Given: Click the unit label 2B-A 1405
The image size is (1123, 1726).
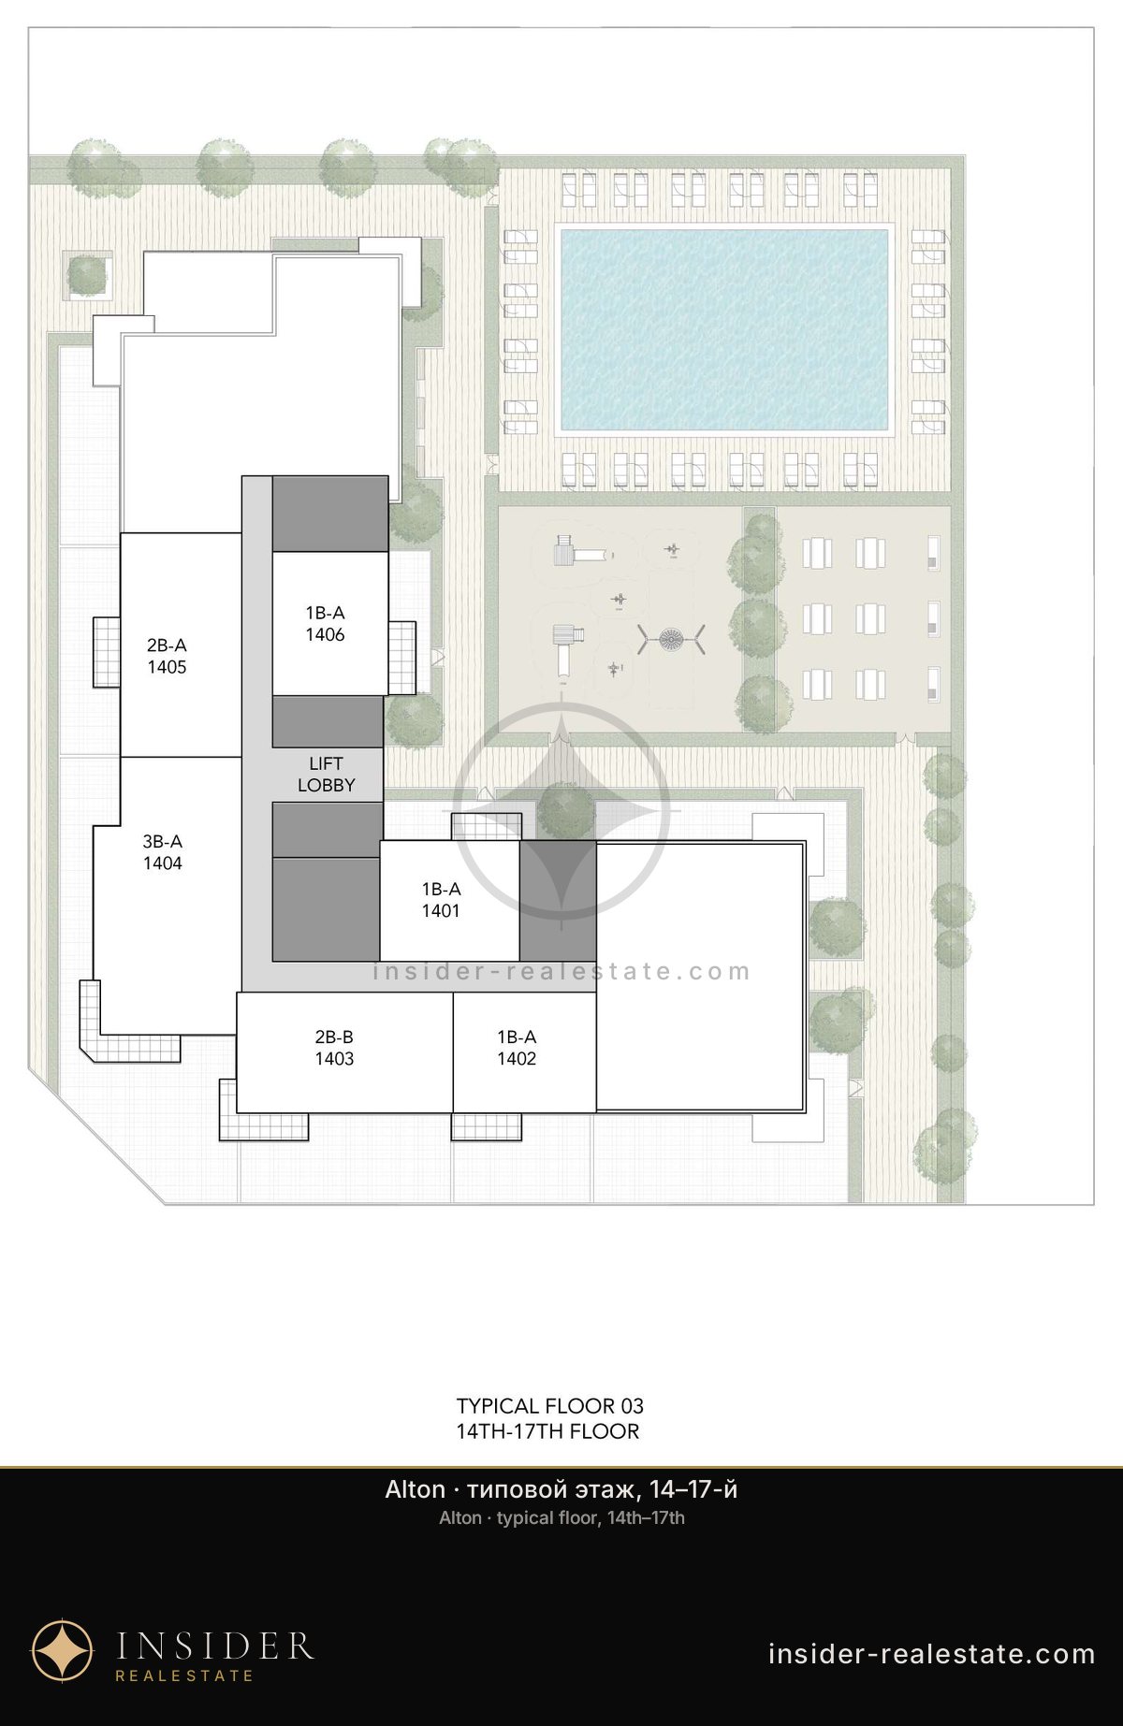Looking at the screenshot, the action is pyautogui.click(x=167, y=656).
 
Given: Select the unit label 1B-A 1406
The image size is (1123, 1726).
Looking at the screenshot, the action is pyautogui.click(x=325, y=624).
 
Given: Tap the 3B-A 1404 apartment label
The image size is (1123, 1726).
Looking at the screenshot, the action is pyautogui.click(x=163, y=852).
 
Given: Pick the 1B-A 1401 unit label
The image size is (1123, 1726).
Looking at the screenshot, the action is pyautogui.click(x=441, y=900).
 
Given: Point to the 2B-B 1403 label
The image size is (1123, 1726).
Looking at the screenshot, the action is pyautogui.click(x=334, y=1048).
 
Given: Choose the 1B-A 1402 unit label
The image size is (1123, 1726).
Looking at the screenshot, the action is pyautogui.click(x=517, y=1048).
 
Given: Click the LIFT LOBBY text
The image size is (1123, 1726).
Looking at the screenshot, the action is pyautogui.click(x=327, y=775).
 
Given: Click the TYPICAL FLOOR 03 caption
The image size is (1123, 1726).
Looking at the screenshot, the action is pyautogui.click(x=550, y=1406).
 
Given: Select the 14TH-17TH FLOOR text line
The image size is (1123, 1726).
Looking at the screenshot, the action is pyautogui.click(x=547, y=1431).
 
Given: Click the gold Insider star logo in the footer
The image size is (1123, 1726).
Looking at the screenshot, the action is pyautogui.click(x=63, y=1650).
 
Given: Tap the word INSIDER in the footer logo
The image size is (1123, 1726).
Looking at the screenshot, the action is pyautogui.click(x=214, y=1646).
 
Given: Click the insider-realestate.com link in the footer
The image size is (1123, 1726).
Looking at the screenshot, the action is pyautogui.click(x=931, y=1654).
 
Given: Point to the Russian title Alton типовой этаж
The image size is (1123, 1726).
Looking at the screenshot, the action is pyautogui.click(x=561, y=1489).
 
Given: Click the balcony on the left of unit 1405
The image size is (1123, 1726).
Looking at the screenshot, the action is pyautogui.click(x=106, y=652).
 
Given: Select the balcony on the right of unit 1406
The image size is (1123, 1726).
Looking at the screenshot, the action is pyautogui.click(x=401, y=658).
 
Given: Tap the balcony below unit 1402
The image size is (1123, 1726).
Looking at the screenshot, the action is pyautogui.click(x=487, y=1126).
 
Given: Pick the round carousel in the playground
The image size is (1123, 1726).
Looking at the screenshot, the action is pyautogui.click(x=671, y=640).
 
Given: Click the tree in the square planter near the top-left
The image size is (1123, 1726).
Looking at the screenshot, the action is pyautogui.click(x=88, y=275).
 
